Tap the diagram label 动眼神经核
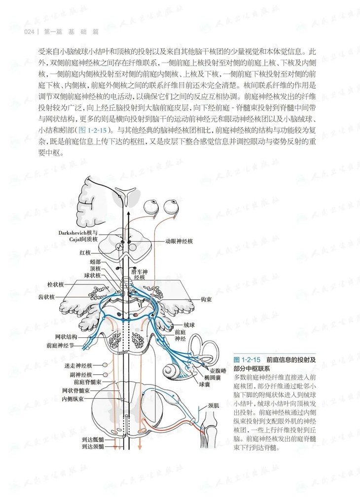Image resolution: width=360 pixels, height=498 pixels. (179, 241)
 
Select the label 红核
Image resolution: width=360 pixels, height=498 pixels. (85, 252)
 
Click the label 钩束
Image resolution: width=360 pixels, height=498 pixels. (206, 299)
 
